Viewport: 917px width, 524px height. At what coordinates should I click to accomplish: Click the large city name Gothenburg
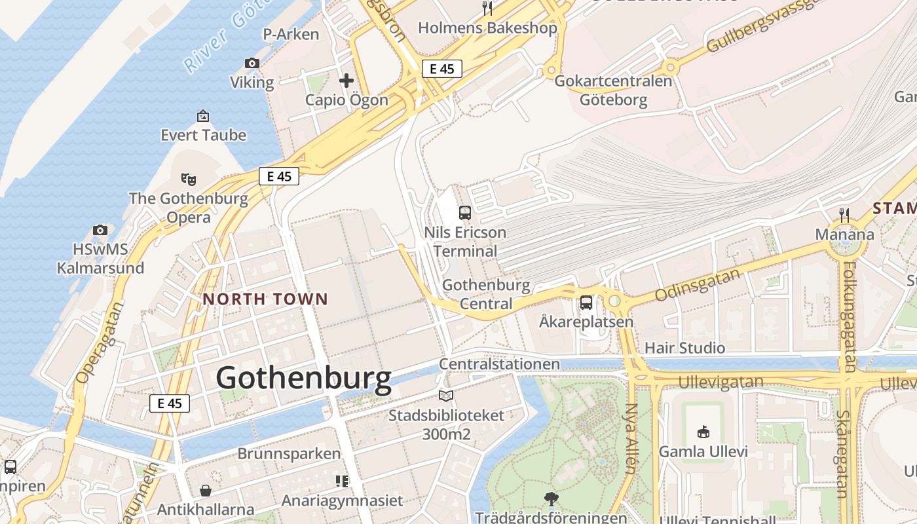click(x=303, y=379)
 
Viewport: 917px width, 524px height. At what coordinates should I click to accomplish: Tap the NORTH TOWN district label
click(x=265, y=299)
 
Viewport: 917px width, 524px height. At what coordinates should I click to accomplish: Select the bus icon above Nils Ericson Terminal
click(x=464, y=213)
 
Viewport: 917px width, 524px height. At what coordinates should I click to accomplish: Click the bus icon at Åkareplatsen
click(x=586, y=303)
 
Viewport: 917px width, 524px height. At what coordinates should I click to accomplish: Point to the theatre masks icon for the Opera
click(x=189, y=179)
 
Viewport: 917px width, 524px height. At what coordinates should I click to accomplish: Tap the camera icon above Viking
click(x=252, y=63)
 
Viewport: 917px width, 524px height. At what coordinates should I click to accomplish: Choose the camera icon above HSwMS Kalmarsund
click(x=100, y=230)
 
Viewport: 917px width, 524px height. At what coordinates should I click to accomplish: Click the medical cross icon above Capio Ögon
click(x=346, y=81)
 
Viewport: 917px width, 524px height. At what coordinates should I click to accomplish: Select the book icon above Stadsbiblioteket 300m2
click(x=446, y=396)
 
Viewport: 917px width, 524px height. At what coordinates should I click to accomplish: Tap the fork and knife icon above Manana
click(x=844, y=215)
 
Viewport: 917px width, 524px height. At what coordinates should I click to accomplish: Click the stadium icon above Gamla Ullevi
click(x=703, y=432)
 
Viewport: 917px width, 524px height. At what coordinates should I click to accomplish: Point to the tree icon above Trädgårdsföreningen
click(x=551, y=498)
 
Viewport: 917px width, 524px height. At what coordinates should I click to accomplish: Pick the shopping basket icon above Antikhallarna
click(x=206, y=491)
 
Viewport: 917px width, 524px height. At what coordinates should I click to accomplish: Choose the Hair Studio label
click(x=684, y=348)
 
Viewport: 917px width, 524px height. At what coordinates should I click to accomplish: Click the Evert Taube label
click(x=204, y=136)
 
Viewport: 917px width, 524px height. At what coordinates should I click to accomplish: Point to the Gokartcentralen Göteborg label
click(x=613, y=90)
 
